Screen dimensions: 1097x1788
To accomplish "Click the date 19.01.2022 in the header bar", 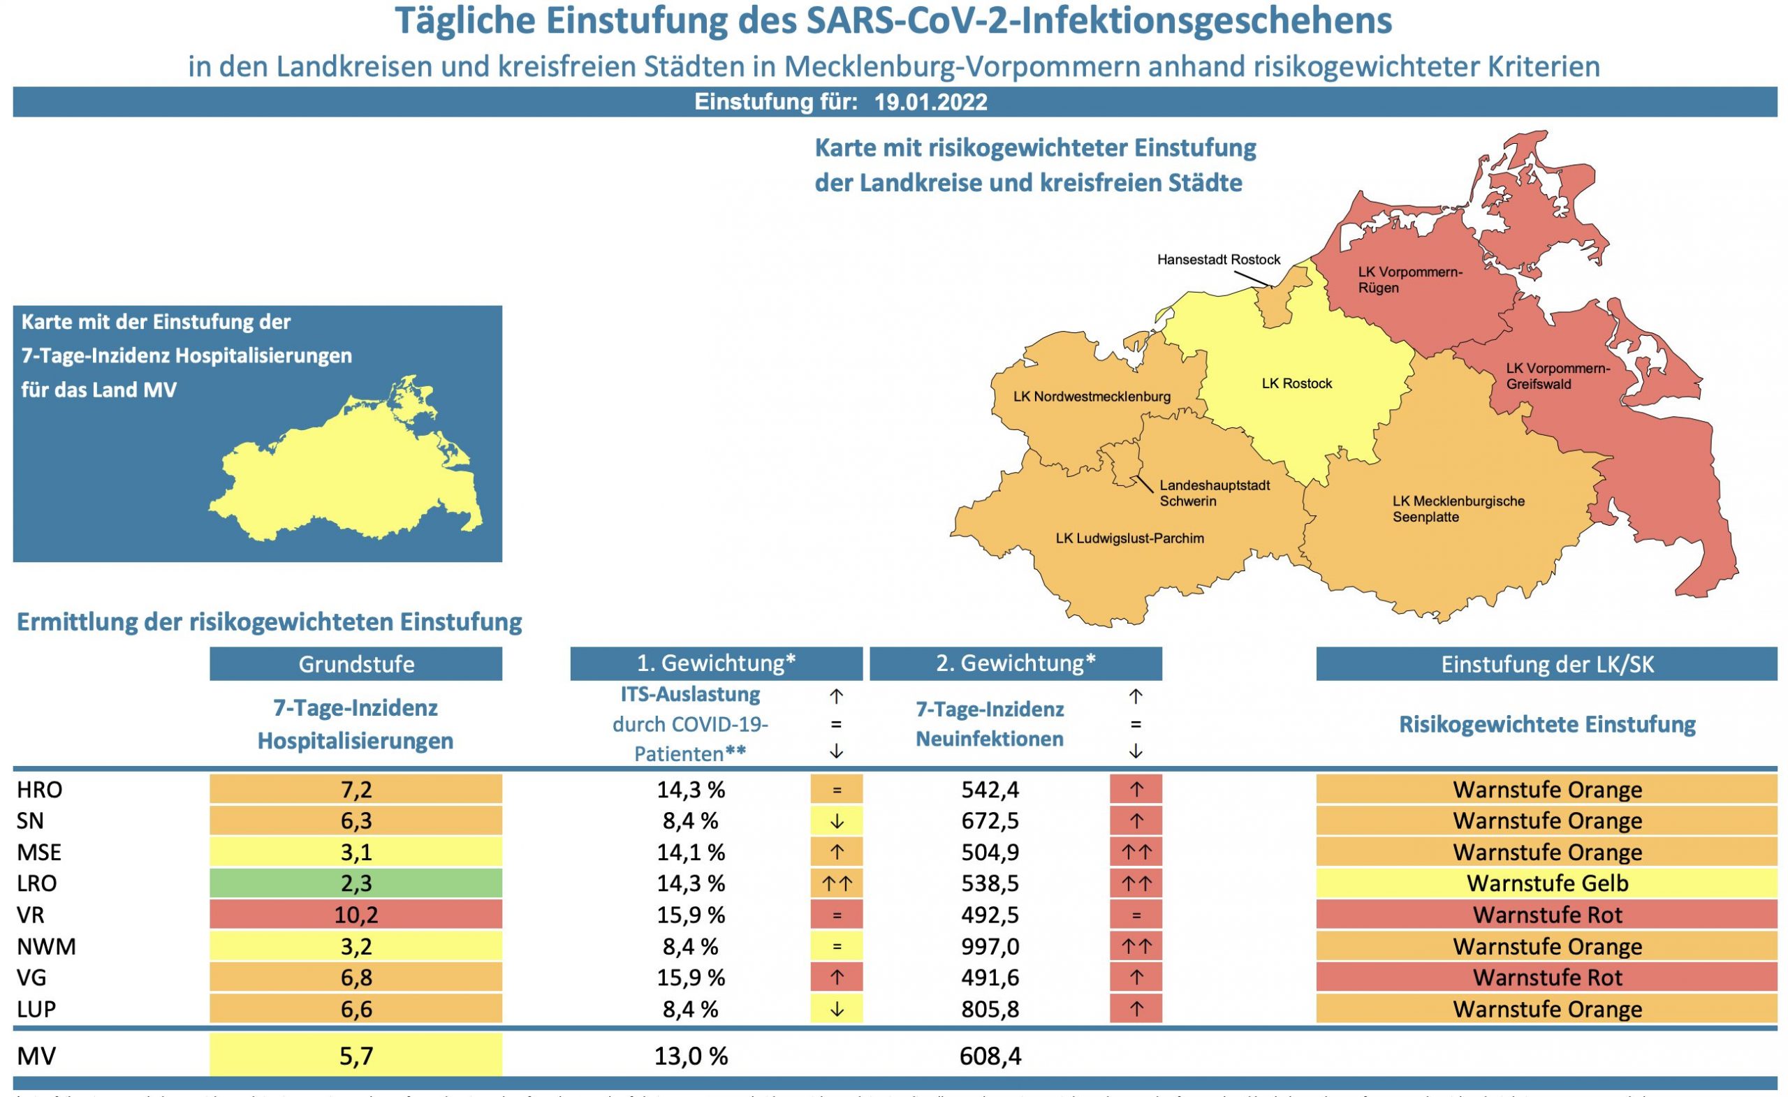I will pos(930,101).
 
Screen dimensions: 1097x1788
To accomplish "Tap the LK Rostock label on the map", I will pos(1297,384).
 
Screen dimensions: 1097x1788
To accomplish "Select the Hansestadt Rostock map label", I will pos(1218,260).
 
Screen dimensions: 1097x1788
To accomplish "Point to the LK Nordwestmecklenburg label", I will pos(1092,397).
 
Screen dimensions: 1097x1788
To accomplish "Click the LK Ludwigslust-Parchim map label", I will pos(1130,538).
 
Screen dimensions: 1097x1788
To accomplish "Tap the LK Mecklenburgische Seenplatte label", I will pos(1458,508).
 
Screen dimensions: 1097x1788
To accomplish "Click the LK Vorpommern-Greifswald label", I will pos(1558,376).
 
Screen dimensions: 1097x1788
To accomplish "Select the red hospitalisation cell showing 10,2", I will pos(356,915).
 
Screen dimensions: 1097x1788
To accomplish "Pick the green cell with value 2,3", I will pos(356,884).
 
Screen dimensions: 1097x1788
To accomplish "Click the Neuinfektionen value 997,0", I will pos(990,946).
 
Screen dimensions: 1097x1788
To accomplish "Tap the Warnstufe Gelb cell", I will pos(1546,884).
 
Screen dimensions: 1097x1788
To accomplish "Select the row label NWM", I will pos(45,946).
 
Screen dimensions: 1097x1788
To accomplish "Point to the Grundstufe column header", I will pos(356,664).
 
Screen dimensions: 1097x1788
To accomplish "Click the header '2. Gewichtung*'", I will pos(1016,663).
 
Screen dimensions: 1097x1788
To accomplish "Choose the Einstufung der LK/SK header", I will pos(1546,664).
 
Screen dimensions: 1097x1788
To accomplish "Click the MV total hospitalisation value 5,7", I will pos(356,1056).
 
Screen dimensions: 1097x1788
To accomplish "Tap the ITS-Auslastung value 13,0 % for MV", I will pos(690,1056).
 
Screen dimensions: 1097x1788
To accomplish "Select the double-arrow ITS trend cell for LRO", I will pos(836,884).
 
